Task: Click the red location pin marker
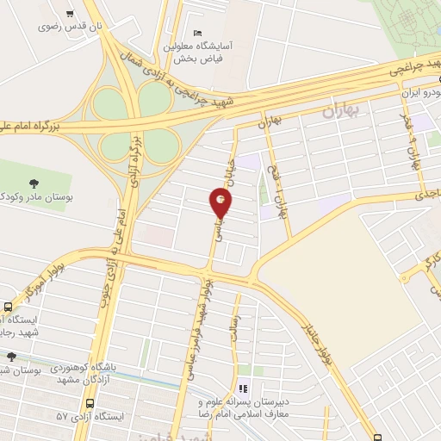[221, 203]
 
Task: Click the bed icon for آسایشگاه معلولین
[197, 32]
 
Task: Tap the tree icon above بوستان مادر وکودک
[34, 182]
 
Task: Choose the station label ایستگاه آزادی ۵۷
[91, 416]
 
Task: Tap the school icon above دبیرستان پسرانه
[243, 388]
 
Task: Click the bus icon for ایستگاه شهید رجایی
[9, 307]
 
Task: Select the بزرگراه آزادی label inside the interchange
[133, 154]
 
